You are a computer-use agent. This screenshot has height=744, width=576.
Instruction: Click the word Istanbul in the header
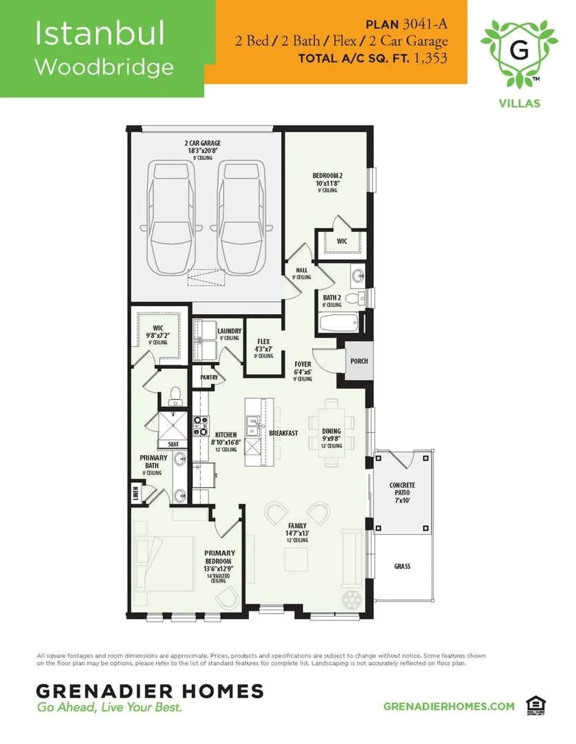[99, 33]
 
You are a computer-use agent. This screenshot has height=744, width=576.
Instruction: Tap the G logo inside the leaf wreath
[519, 50]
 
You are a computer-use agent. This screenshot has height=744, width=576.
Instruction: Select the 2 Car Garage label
[202, 143]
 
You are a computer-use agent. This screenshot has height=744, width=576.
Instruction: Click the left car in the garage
[171, 218]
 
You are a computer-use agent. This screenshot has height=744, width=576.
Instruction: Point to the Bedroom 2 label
[327, 176]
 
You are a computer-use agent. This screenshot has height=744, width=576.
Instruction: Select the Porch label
[359, 361]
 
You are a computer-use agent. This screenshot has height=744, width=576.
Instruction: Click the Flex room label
[263, 342]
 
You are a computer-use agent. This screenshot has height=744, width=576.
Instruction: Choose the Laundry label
[229, 331]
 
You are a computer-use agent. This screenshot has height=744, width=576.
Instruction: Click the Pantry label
[209, 377]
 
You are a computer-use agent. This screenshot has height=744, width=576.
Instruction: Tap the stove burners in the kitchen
[200, 426]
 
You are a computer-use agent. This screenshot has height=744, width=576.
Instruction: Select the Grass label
[402, 566]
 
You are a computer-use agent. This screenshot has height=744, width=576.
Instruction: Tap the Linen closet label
[136, 493]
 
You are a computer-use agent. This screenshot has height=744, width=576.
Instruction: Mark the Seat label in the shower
[173, 444]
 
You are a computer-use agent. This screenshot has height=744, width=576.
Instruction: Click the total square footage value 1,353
[430, 58]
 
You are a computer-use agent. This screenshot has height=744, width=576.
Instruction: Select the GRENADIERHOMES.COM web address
[449, 706]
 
